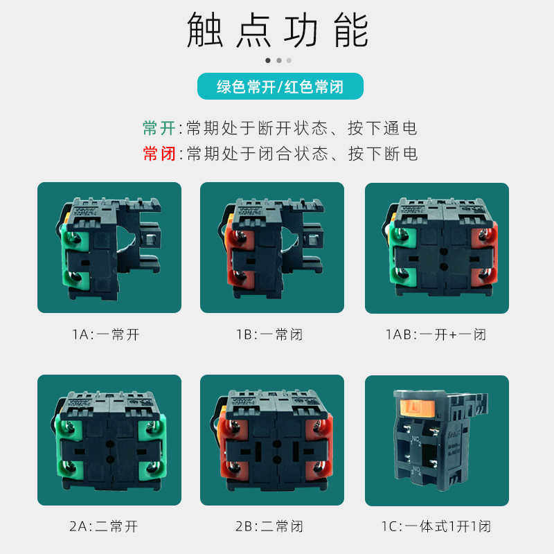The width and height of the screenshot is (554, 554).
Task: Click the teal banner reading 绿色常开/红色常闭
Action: click(x=280, y=86)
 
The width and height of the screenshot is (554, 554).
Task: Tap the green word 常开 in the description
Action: click(x=159, y=128)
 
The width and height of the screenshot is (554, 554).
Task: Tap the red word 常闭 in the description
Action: click(x=159, y=154)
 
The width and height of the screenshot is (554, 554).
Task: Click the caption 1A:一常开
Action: click(x=106, y=334)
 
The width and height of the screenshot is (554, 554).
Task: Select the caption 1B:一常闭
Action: click(x=270, y=334)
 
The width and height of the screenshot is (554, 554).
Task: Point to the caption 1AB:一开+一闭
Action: click(x=436, y=334)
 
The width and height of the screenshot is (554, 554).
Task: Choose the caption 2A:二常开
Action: click(x=104, y=526)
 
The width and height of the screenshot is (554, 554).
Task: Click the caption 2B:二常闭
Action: click(x=269, y=526)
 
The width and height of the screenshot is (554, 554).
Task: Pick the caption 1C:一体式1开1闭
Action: click(x=436, y=526)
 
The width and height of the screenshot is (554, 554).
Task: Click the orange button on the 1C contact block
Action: click(x=418, y=408)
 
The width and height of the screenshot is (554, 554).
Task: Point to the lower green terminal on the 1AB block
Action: click(x=402, y=276)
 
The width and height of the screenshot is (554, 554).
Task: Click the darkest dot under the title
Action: click(x=268, y=60)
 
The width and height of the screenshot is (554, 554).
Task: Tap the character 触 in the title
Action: click(x=205, y=30)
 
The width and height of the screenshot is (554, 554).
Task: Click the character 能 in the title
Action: click(x=352, y=30)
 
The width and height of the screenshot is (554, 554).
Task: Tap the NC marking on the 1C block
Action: click(x=415, y=440)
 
